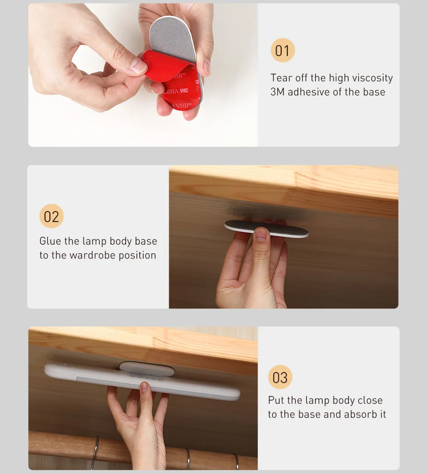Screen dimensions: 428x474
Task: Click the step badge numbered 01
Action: (x=283, y=50)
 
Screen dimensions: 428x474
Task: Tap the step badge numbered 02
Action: (x=52, y=216)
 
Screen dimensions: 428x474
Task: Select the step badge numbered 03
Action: (x=280, y=377)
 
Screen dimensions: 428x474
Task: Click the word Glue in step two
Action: (x=50, y=241)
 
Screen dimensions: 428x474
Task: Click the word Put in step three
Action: (x=276, y=400)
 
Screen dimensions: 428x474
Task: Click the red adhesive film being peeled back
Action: (x=165, y=67)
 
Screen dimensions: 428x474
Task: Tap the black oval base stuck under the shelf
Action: (x=266, y=229)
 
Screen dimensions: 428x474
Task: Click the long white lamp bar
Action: (x=142, y=382)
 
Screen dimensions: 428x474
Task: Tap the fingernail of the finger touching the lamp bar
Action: (x=145, y=387)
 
